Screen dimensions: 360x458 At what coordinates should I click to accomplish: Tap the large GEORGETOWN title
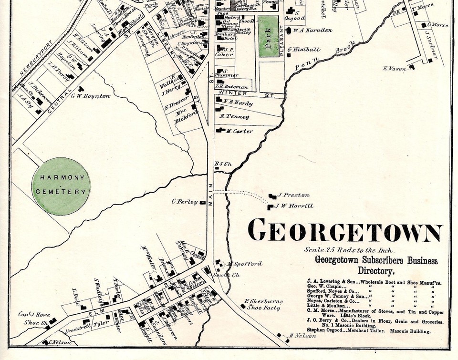[345, 231]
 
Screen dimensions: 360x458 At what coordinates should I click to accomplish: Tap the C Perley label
[185, 202]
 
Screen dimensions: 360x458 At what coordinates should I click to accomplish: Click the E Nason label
[395, 69]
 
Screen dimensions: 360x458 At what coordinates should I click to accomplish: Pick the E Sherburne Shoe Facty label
[263, 305]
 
